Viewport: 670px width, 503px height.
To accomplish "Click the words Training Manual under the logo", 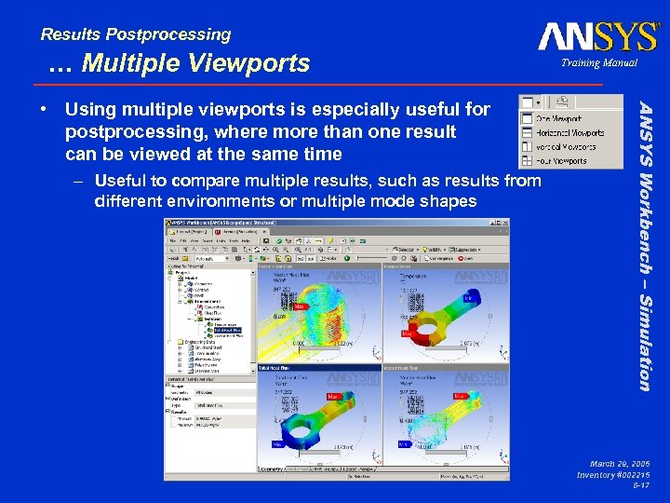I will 600,63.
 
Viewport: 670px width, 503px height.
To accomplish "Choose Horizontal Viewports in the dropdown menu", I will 569,133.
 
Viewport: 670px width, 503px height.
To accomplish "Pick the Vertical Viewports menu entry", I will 566,146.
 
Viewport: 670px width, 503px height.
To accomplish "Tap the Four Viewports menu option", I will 563,160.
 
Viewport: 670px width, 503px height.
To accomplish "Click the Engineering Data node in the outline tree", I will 203,342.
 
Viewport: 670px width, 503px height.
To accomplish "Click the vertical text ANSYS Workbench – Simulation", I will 643,243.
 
